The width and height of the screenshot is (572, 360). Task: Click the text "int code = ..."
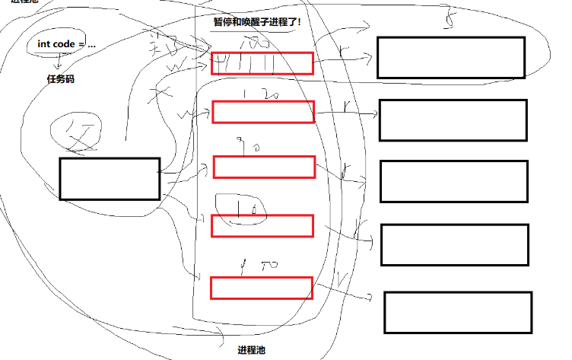(67, 44)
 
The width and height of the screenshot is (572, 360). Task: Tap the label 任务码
(61, 78)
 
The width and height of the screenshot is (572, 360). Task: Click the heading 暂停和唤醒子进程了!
(256, 22)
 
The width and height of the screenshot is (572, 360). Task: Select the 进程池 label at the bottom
(252, 350)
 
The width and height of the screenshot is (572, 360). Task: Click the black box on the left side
(110, 179)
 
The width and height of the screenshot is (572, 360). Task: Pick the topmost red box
(262, 63)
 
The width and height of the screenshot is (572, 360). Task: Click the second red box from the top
(263, 112)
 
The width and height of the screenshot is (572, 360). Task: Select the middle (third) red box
(264, 166)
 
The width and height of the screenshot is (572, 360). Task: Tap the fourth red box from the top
(262, 225)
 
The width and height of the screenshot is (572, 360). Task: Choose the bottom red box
(261, 288)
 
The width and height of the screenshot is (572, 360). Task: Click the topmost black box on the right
(451, 57)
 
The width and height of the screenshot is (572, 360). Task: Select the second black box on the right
(453, 119)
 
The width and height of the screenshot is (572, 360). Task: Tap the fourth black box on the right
(455, 244)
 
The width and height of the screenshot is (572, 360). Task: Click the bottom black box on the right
(457, 312)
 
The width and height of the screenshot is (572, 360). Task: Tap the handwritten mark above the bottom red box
(256, 266)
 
